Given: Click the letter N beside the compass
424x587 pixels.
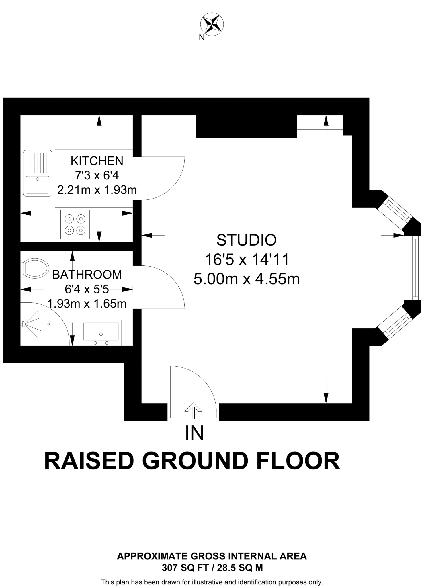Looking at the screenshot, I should (202, 38).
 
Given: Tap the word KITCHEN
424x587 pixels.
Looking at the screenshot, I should (97, 161).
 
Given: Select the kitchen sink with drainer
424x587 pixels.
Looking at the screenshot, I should (37, 173).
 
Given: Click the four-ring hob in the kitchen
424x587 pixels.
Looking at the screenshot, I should (75, 225).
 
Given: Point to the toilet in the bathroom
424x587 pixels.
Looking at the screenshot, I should (35, 268).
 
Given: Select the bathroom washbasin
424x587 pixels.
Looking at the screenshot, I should (101, 332).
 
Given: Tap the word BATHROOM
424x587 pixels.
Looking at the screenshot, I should (87, 275).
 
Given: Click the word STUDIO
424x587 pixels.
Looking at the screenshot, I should (246, 240).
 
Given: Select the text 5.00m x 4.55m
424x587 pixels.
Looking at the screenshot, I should (247, 279).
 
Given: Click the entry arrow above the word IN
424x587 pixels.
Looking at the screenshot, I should (193, 411).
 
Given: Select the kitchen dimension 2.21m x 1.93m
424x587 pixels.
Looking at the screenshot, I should (97, 190).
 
